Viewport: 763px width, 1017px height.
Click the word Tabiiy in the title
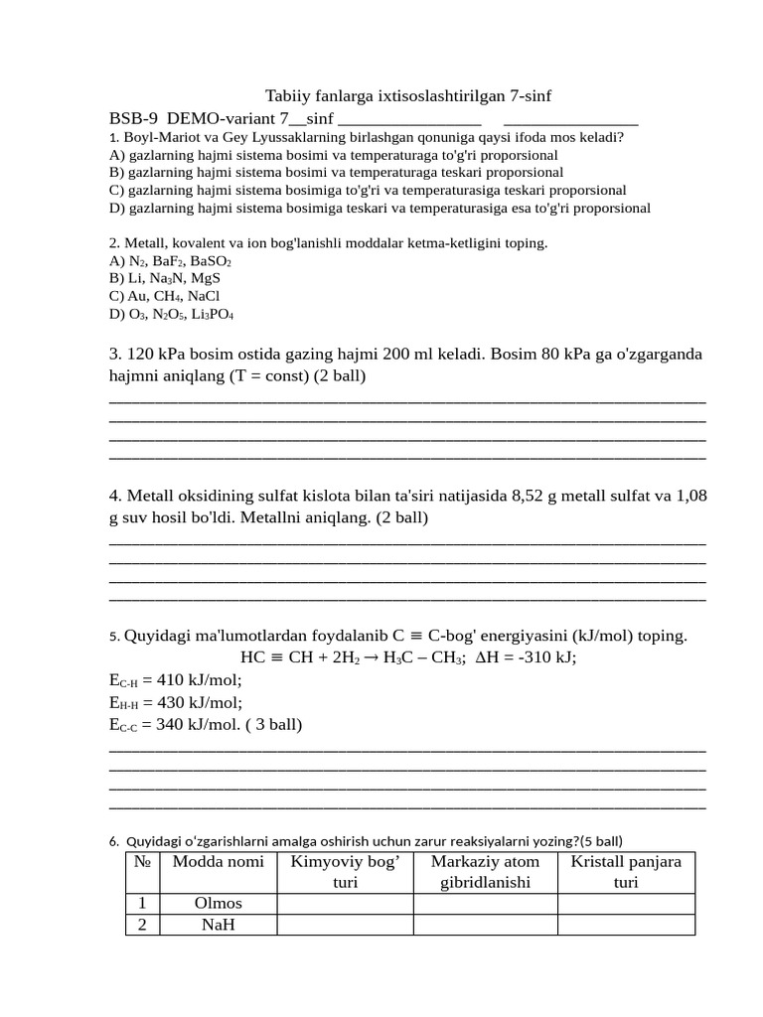(x=286, y=96)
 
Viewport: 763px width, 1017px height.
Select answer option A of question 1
(x=333, y=155)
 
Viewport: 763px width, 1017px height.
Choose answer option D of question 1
(x=380, y=209)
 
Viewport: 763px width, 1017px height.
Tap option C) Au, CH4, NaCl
(x=164, y=296)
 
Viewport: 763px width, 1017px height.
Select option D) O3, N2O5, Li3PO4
(x=171, y=314)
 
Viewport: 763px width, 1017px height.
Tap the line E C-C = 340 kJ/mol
(x=177, y=724)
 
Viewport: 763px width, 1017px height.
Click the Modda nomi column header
(x=218, y=862)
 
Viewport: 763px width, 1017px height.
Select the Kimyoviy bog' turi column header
(x=344, y=872)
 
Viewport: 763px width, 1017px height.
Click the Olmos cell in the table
(x=218, y=904)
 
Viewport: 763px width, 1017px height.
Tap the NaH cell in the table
(x=218, y=925)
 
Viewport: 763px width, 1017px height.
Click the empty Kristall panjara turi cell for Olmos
(x=625, y=904)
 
